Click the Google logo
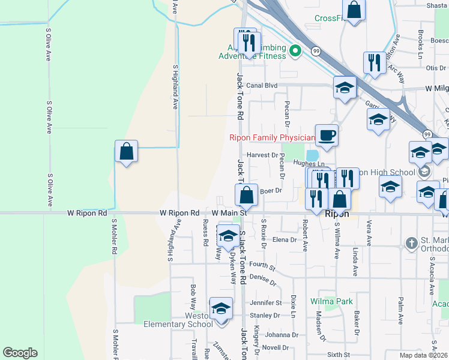coord(20,353)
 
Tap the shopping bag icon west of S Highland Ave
coord(127,152)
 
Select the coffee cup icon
coord(327,135)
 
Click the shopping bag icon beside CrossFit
coord(354,11)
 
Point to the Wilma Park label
coord(331,301)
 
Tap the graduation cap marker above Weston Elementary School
coord(221,309)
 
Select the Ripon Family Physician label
coord(272,137)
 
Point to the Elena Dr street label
coord(285,239)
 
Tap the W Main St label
coord(229,213)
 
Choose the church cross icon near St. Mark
coord(411,244)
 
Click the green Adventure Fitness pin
coord(295,50)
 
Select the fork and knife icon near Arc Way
coord(374,62)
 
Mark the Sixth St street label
coord(338,355)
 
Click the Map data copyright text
coord(424,355)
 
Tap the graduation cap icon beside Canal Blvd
coord(345,88)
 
